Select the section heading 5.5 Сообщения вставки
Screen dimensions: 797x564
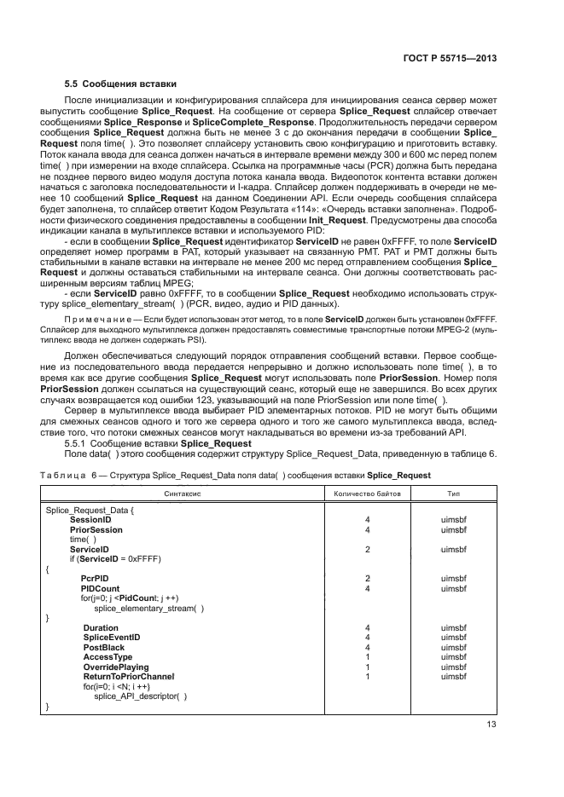[x=121, y=84]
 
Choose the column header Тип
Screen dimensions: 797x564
[x=454, y=494]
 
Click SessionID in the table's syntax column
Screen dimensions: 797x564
[x=90, y=519]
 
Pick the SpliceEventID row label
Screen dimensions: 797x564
[x=111, y=637]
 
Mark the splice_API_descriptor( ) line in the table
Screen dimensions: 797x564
[x=140, y=696]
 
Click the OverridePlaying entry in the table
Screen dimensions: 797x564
[x=115, y=667]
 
